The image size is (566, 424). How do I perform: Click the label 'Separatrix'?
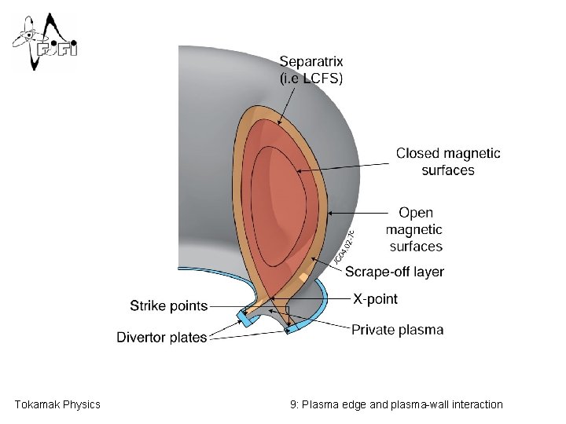(311, 61)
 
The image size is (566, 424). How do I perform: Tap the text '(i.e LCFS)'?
(311, 78)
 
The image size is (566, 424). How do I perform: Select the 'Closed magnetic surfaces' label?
(447, 162)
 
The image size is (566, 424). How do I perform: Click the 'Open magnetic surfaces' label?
(415, 229)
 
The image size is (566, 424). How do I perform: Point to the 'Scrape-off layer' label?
(395, 272)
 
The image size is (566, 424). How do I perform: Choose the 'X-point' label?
(375, 299)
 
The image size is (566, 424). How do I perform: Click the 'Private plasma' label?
(397, 330)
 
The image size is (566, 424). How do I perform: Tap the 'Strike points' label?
(168, 305)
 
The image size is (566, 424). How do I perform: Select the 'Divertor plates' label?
(162, 338)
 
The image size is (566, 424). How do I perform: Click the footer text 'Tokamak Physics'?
(57, 404)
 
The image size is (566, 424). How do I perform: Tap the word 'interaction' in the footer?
(475, 404)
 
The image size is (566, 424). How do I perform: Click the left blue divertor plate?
(244, 318)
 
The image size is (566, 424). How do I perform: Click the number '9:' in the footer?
(294, 404)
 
